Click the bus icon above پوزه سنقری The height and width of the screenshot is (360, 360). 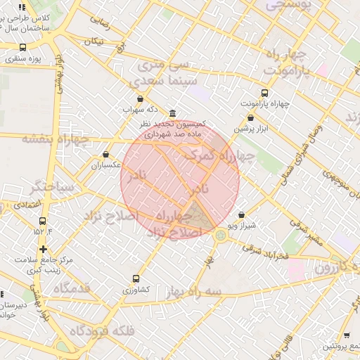pyautogui.click(x=23, y=47)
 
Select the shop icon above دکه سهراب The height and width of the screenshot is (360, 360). pyautogui.click(x=140, y=99)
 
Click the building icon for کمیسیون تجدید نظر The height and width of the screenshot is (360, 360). pyautogui.click(x=173, y=114)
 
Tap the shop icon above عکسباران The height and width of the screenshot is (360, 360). pyautogui.click(x=106, y=155)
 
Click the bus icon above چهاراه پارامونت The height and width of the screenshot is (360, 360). pyautogui.click(x=264, y=93)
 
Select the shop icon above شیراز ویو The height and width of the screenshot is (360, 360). pyautogui.click(x=242, y=215)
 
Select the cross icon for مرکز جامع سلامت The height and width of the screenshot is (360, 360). pyautogui.click(x=44, y=249)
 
